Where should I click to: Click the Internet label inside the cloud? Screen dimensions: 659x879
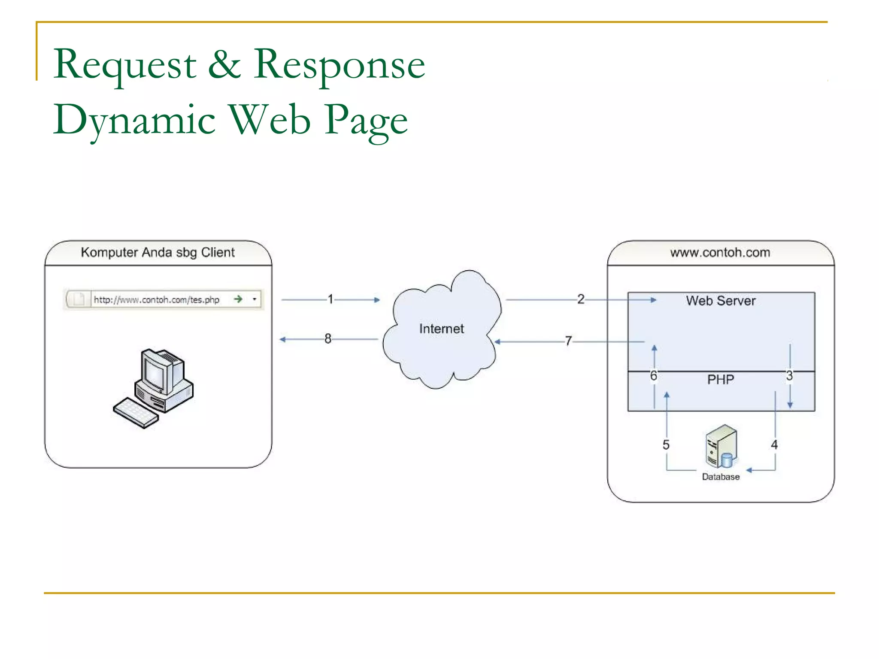point(441,329)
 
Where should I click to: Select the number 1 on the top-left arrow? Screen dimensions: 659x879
point(330,299)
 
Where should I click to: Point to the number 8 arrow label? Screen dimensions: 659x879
point(327,339)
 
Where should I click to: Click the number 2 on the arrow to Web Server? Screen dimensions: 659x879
point(580,299)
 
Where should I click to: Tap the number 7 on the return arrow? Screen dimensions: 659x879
point(568,341)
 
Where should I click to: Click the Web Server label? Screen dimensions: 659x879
point(720,301)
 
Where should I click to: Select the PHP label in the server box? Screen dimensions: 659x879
point(720,380)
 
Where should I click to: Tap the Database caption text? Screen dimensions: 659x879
point(720,477)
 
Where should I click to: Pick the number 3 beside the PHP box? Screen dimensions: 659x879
point(789,376)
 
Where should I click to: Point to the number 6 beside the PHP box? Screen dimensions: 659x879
point(653,376)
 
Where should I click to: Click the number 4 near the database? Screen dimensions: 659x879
point(774,444)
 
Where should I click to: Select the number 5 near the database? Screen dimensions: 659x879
point(666,445)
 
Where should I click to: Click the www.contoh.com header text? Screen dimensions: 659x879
point(720,252)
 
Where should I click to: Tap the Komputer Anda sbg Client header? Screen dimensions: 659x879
point(158,252)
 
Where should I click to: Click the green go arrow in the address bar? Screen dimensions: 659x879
point(238,299)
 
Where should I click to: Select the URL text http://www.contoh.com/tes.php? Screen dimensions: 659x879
point(156,300)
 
